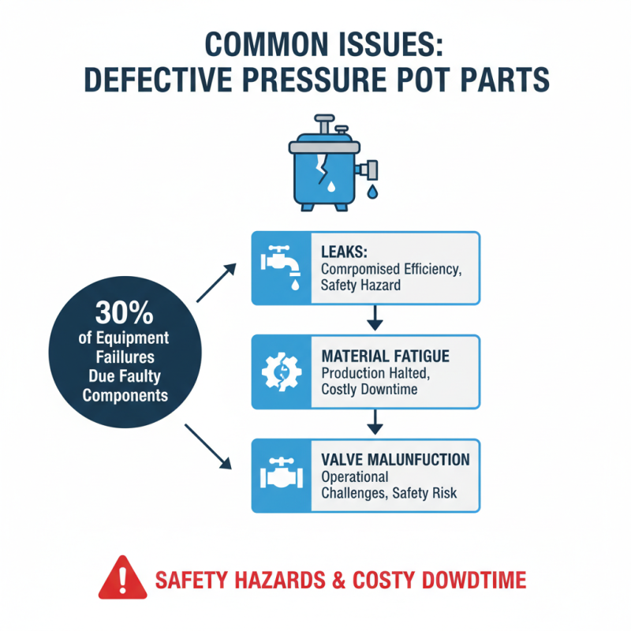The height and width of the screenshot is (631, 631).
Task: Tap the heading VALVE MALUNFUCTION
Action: pyautogui.click(x=394, y=459)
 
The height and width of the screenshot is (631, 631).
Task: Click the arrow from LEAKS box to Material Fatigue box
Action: pyautogui.click(x=375, y=318)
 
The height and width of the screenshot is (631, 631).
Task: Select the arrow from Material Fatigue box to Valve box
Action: pyautogui.click(x=375, y=422)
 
